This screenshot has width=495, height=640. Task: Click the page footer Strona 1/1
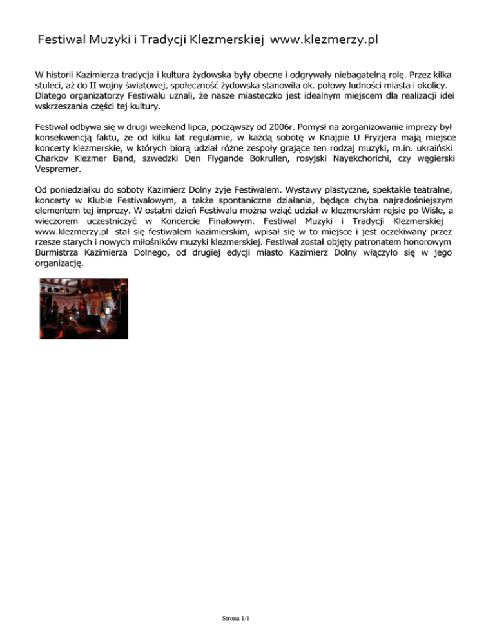[235, 619]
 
